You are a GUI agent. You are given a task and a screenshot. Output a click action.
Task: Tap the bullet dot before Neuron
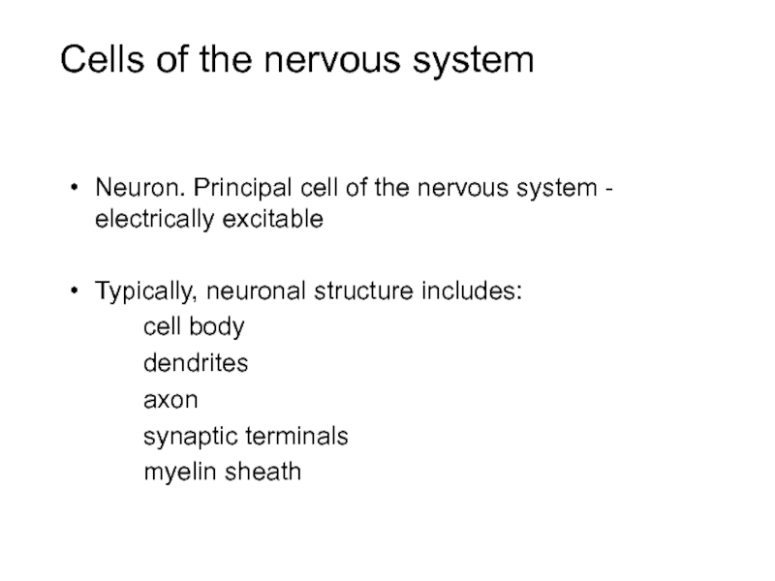coord(76,188)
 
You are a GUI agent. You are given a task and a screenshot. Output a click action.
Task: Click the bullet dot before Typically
coord(76,290)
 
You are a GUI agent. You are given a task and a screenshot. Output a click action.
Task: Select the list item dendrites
coord(196,363)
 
